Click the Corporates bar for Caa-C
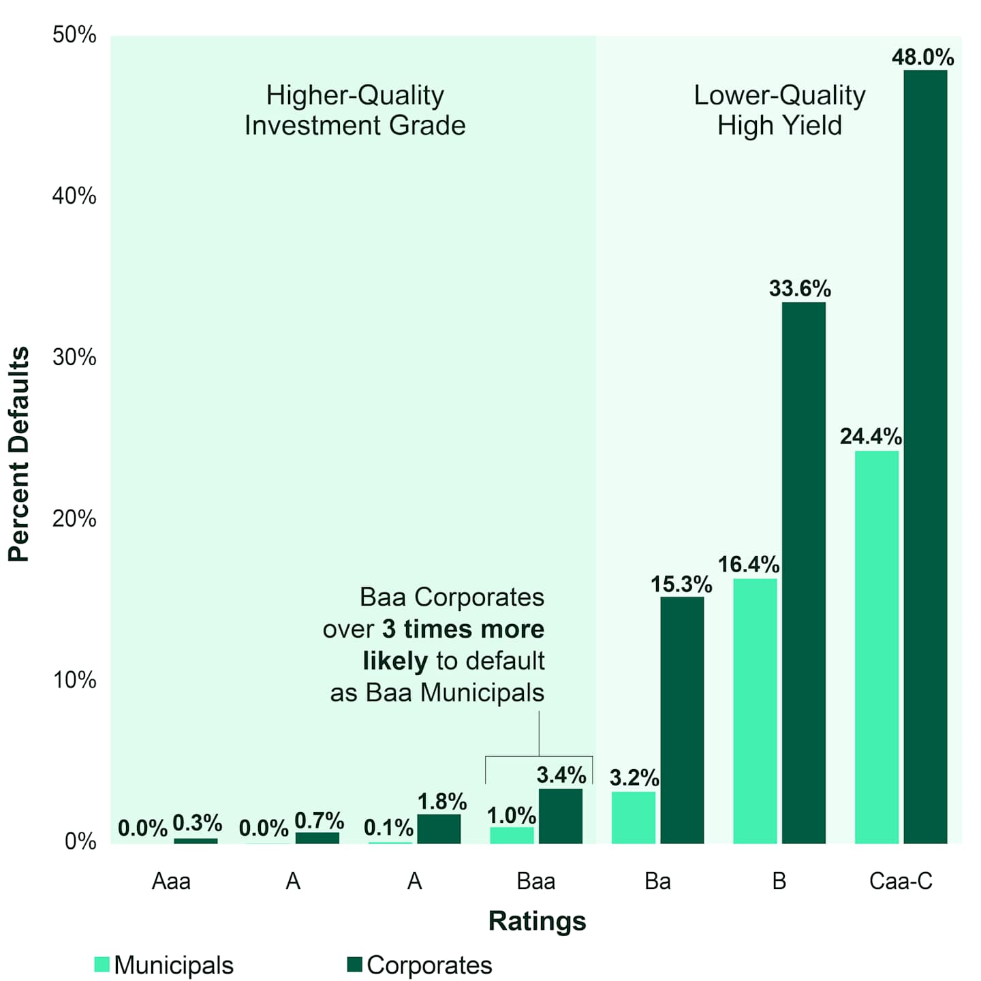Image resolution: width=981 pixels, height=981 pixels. point(925,456)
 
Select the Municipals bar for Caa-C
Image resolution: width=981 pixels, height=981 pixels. point(876,647)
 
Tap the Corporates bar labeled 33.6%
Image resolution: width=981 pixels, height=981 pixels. point(804,572)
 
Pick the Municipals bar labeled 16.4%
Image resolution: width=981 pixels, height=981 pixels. point(755,711)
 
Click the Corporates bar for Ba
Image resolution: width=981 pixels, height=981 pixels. point(682,720)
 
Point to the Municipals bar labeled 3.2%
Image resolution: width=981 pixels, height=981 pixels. point(634,817)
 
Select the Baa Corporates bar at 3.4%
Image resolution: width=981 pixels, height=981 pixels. point(561,816)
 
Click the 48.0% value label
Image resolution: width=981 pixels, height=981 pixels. point(922,57)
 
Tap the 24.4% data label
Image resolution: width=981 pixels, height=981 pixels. point(870,436)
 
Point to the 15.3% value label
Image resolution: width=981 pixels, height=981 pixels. point(681,584)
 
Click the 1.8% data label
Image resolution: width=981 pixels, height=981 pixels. point(441,801)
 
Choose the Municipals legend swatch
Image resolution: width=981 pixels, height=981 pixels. point(102,965)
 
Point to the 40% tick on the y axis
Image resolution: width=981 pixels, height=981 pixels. point(74,196)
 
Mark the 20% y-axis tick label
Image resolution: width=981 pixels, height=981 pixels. point(74,519)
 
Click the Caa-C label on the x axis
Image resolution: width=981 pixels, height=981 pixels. point(900,882)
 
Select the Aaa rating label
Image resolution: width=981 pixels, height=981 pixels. point(171,882)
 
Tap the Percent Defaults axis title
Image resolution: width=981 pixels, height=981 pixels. point(19,454)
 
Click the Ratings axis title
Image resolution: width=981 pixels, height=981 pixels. point(537,921)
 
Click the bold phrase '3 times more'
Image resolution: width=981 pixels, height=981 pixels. point(463,629)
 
